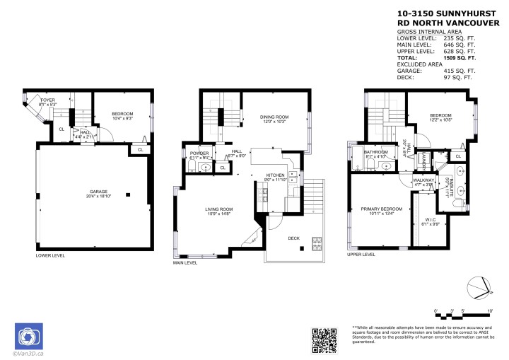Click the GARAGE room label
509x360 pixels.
(98, 192)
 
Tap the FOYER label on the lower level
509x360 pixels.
(47, 100)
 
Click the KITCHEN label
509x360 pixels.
(275, 175)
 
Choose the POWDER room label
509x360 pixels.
(198, 153)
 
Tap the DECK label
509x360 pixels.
(293, 238)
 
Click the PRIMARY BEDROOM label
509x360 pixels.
(381, 209)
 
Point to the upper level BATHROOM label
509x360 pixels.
(376, 152)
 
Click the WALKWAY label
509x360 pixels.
(423, 180)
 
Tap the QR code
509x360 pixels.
(324, 340)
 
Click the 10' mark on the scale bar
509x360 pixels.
(489, 310)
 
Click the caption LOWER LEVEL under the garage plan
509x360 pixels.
(50, 255)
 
